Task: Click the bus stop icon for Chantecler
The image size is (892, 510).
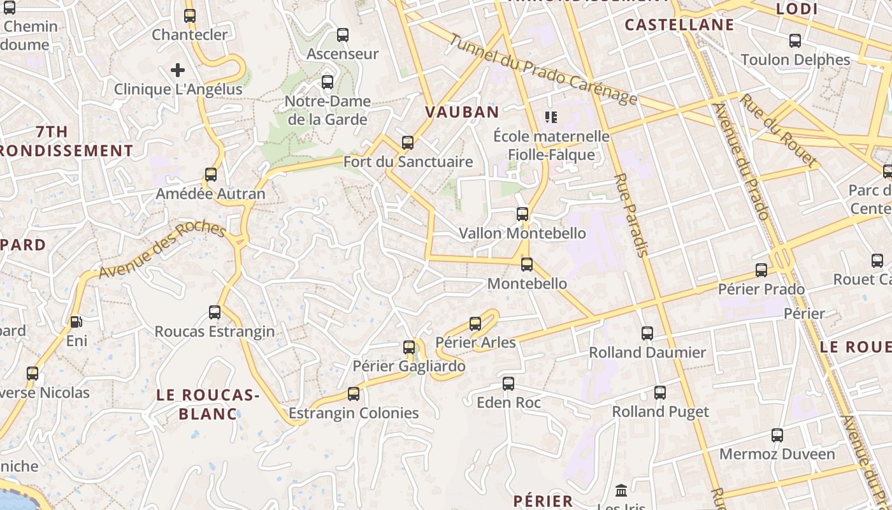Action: [x=190, y=16]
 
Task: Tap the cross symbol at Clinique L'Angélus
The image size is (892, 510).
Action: [x=178, y=70]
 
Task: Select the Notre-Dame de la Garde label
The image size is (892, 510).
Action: [x=327, y=110]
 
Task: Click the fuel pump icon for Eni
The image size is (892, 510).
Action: [x=76, y=322]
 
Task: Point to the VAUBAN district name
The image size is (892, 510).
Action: [x=462, y=112]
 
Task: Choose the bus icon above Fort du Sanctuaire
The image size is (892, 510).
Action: [x=408, y=143]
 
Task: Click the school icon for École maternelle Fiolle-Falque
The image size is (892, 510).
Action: [x=551, y=117]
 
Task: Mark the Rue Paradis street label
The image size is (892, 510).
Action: [x=631, y=215]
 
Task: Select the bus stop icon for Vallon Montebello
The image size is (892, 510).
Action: [x=522, y=214]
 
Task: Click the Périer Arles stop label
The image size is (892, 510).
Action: [x=475, y=342]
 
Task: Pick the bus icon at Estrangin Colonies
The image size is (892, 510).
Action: [x=354, y=394]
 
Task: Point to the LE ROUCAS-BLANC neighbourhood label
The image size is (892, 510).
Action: [x=208, y=405]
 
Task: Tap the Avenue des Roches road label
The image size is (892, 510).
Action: [x=162, y=251]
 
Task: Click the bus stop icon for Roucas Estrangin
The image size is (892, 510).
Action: [x=215, y=312]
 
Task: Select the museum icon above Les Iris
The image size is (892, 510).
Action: [x=621, y=491]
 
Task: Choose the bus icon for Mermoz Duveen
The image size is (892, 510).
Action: [x=777, y=435]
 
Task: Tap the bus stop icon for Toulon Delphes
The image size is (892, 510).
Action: [x=795, y=41]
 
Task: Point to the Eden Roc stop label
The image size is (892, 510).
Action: [x=508, y=402]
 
